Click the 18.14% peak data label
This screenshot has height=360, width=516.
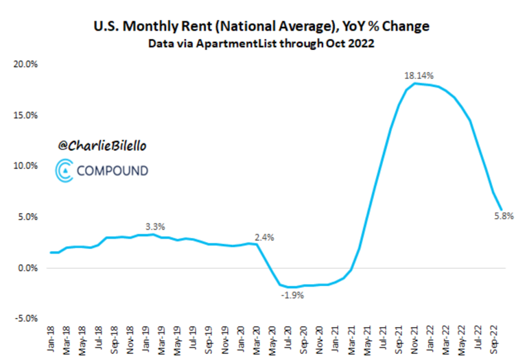point(419,75)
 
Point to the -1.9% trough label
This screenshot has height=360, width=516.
point(292,296)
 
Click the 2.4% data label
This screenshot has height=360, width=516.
point(264,237)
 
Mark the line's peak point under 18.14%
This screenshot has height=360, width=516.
point(414,83)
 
